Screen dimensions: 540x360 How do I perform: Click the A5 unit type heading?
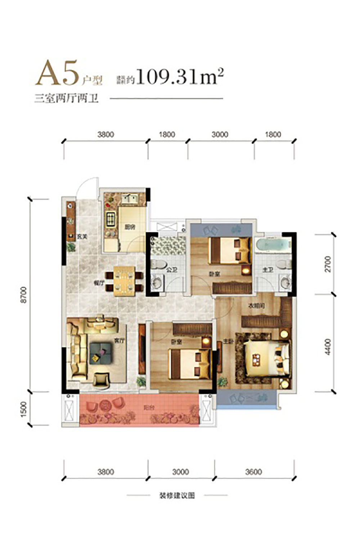[x=58, y=74]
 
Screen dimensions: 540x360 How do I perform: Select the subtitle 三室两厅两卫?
[x=66, y=98]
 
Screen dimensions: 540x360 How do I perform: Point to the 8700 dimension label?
[x=24, y=295]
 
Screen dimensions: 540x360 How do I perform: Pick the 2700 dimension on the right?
[x=327, y=264]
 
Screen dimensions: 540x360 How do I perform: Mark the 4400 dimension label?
[x=327, y=347]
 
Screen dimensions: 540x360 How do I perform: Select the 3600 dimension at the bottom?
[x=253, y=472]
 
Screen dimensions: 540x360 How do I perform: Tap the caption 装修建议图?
[x=177, y=495]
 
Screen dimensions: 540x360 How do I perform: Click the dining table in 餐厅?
[x=125, y=281]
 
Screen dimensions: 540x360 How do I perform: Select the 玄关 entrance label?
[x=82, y=237]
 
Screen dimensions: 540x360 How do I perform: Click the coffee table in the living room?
[x=100, y=353]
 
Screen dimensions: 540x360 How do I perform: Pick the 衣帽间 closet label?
[x=257, y=306]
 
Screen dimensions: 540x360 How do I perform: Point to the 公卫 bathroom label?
[x=172, y=269]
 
